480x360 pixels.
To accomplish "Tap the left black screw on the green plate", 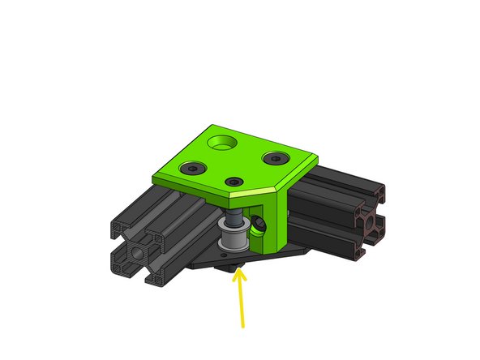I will pos(192,168).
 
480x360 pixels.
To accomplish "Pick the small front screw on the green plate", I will pos(234,182).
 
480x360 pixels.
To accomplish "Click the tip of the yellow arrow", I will pos(237,272).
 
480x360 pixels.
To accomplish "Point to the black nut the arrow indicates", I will pos(234,266).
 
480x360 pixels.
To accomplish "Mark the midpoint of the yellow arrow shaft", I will pos(240,300).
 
